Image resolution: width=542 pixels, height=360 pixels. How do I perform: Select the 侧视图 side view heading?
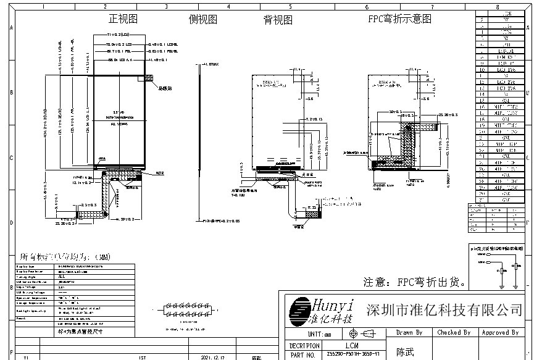[202, 19]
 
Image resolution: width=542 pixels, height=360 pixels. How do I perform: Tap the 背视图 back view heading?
[278, 20]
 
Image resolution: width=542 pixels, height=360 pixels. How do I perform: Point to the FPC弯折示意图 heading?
[399, 19]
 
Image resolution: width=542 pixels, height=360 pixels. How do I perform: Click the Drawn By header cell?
[409, 332]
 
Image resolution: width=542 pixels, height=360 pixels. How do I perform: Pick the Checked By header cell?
[454, 332]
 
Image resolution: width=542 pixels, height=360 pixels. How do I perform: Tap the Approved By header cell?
[499, 332]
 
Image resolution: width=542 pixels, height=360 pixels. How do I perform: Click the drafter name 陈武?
[406, 352]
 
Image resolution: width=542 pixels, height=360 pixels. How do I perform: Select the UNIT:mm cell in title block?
[315, 333]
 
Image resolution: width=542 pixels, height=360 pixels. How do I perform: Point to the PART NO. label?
[303, 355]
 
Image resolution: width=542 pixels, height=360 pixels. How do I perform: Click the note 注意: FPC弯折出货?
[414, 282]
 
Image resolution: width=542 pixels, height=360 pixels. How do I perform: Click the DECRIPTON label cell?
[304, 345]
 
